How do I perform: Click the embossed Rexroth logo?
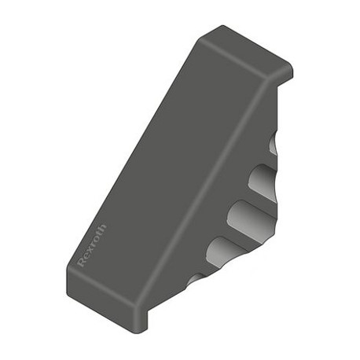pyautogui.click(x=93, y=245)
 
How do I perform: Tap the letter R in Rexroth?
pyautogui.click(x=83, y=262)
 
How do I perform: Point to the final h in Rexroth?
pyautogui.click(x=103, y=228)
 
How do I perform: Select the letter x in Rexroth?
pyautogui.click(x=90, y=250)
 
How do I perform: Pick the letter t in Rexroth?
pyautogui.click(x=99, y=234)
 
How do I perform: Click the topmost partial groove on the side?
pyautogui.click(x=273, y=143)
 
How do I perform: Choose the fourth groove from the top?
pyautogui.click(x=226, y=252)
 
